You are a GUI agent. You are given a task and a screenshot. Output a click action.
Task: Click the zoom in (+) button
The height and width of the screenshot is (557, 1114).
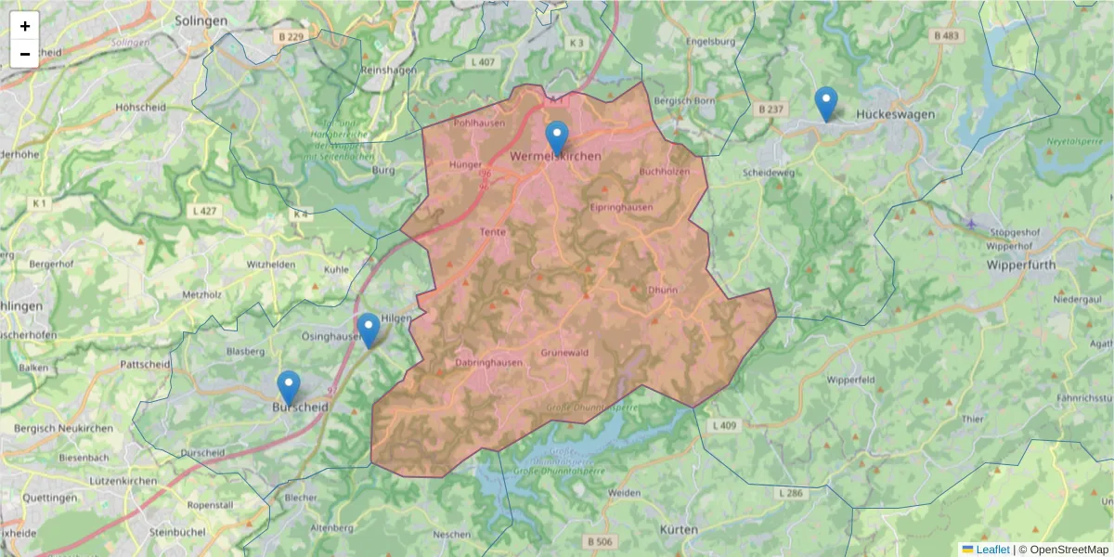25,26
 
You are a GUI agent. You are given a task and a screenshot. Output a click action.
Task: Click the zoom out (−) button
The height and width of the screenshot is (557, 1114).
25,54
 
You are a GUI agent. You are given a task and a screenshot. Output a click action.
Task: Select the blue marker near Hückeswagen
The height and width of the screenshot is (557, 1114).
825,104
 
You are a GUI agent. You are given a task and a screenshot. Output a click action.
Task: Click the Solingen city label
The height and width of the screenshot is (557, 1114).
201,20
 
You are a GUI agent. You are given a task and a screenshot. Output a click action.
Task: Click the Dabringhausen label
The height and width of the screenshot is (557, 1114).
489,363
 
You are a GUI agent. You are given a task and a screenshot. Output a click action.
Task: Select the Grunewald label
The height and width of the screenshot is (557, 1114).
564,353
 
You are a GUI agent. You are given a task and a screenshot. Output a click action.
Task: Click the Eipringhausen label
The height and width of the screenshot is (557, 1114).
621,207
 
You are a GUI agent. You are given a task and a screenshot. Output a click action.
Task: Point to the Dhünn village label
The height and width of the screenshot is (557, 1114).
663,290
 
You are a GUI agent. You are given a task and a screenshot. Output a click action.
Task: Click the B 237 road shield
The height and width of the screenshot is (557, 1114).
771,109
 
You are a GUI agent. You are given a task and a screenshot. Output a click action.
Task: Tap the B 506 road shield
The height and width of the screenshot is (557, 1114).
600,541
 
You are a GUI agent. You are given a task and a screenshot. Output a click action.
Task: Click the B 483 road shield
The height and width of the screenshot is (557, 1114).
947,35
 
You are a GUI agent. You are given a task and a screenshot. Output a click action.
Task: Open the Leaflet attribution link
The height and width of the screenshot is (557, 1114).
992,550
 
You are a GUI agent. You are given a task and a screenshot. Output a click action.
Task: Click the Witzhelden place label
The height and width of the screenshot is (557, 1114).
270,265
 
